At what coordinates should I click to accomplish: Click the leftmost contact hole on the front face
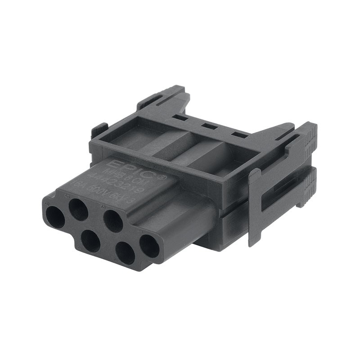coord(55,217)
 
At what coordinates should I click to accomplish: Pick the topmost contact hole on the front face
coord(78,209)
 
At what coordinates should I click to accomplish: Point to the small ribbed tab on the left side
coord(99,130)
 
